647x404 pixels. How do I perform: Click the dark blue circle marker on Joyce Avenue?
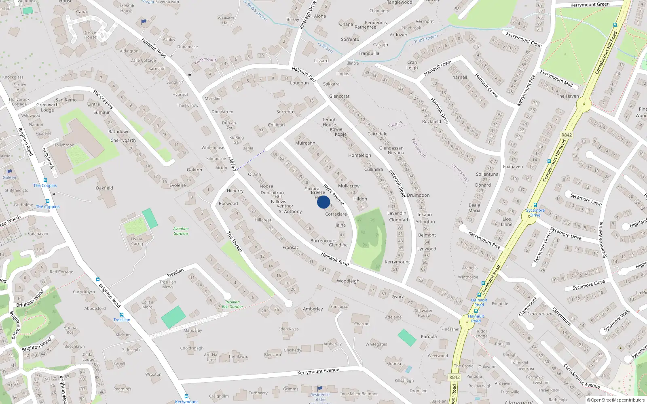point(323,202)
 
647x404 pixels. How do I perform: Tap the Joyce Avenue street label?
point(334,194)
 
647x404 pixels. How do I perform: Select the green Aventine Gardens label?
point(181,231)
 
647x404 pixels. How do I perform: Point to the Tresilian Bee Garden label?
point(233,304)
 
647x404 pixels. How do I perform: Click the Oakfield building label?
point(104,188)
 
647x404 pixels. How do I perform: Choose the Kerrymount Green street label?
point(590,5)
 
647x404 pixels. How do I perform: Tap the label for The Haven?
point(568,96)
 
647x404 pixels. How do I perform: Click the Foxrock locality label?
point(395,124)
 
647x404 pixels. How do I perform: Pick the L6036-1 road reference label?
point(232,164)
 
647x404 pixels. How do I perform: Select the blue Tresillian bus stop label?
point(122,320)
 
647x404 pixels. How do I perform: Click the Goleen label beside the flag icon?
point(9,177)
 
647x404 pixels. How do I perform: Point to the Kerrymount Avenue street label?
point(318,371)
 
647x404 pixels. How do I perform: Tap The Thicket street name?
point(235,242)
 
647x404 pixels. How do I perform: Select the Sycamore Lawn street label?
point(586,200)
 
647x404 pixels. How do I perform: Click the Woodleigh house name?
point(348,281)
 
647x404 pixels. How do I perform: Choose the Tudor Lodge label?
point(482,334)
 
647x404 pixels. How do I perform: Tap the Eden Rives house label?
point(288,329)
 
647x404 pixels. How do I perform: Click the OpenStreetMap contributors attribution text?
point(617,400)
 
